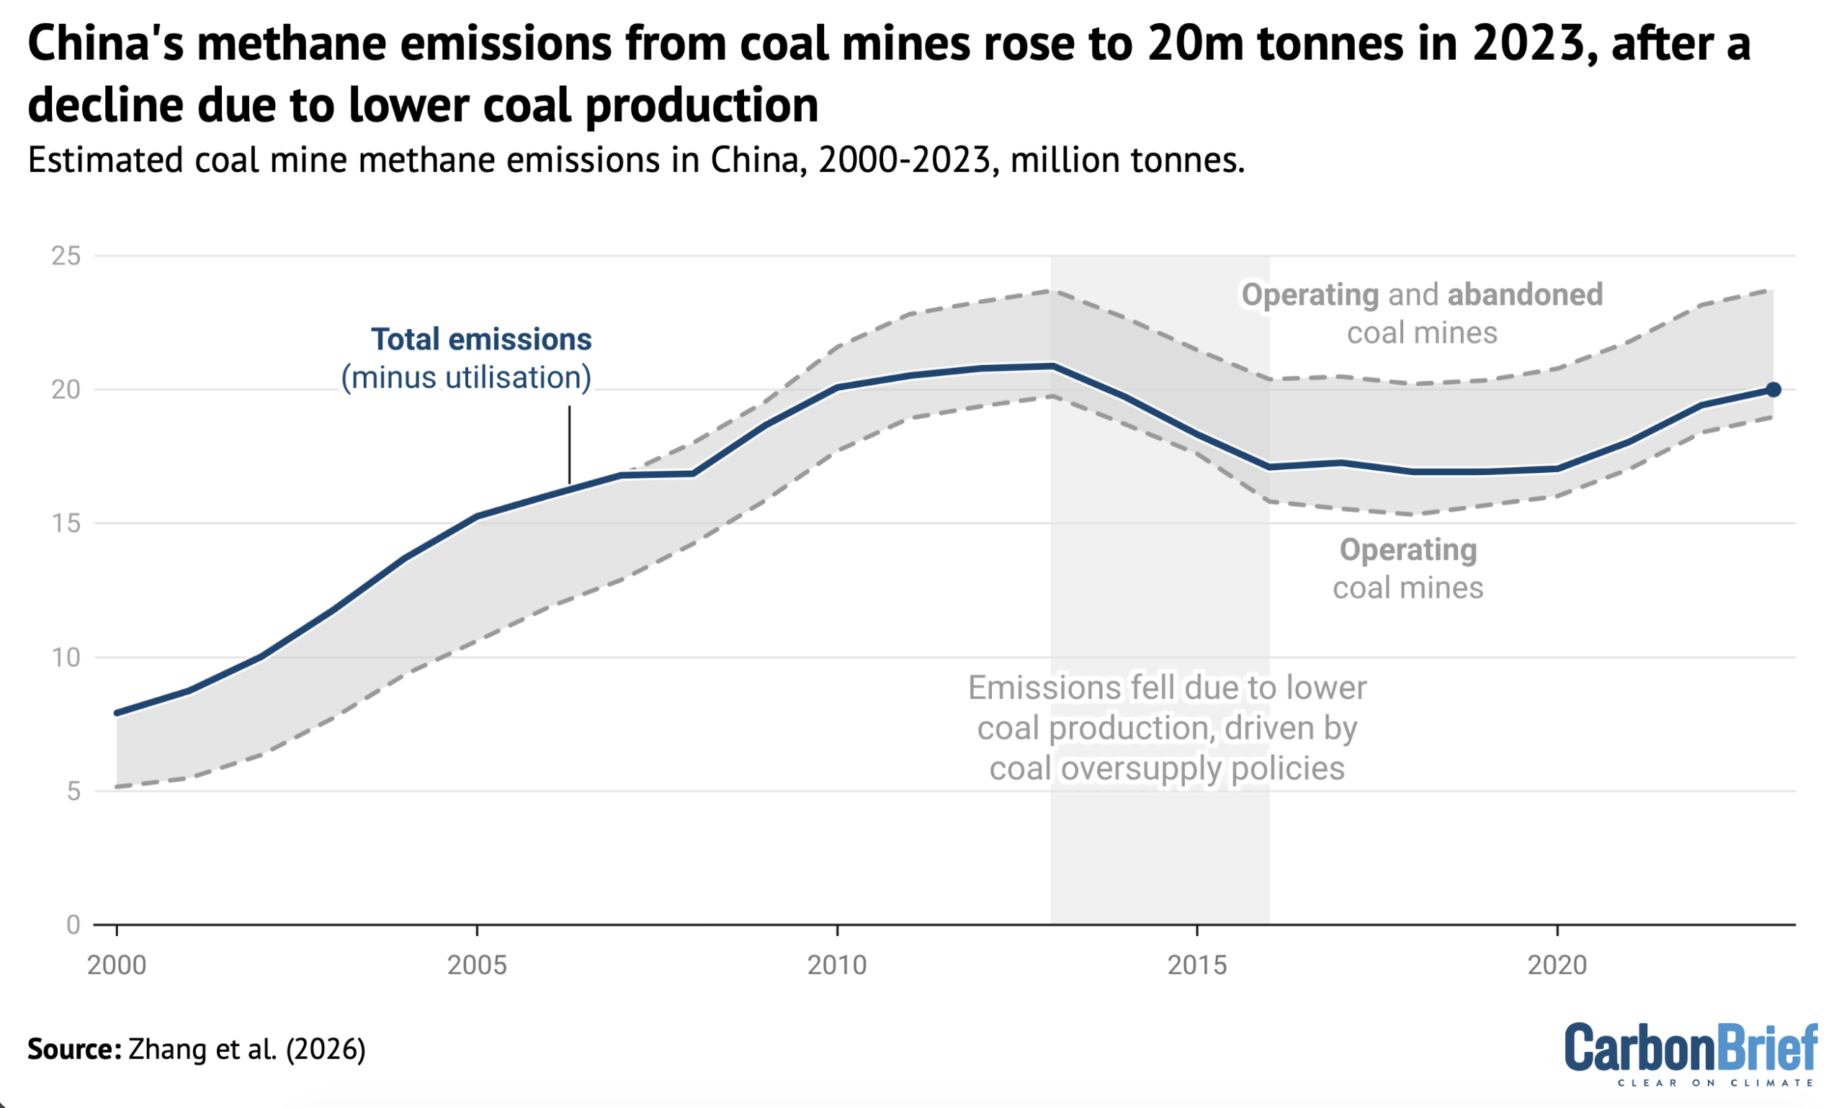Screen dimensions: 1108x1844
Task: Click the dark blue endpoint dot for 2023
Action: [1772, 389]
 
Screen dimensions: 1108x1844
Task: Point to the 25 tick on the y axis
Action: [66, 256]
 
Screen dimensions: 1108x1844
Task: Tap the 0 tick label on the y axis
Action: [73, 925]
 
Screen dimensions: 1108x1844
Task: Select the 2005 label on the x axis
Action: [477, 965]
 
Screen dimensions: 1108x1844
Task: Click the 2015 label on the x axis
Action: [1196, 965]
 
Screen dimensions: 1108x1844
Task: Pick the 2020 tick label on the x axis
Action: [1557, 965]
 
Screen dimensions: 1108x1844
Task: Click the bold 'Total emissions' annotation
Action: [481, 340]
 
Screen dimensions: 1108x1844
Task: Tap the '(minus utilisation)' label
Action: [466, 378]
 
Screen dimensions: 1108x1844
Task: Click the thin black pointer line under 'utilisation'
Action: [569, 445]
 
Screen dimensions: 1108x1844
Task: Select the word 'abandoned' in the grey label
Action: [1524, 295]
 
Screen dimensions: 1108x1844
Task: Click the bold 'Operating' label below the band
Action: [1407, 550]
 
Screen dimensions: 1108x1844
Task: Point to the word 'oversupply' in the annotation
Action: [1142, 768]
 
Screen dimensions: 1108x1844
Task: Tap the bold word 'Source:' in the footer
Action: [74, 1049]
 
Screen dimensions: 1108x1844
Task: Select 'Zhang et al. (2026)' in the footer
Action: [246, 1049]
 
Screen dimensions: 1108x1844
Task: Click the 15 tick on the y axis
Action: [66, 523]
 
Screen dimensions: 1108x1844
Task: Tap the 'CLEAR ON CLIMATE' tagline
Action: [1715, 1083]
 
